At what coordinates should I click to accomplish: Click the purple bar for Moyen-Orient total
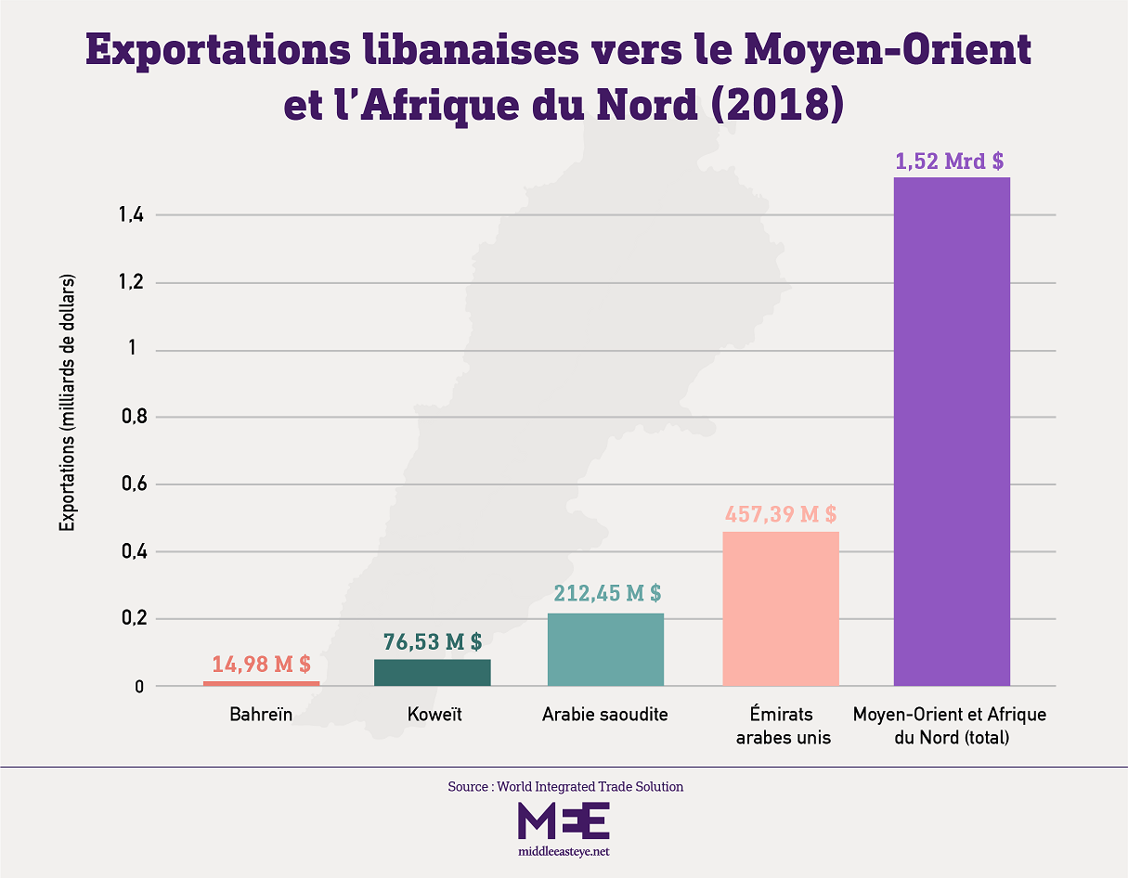pos(952,432)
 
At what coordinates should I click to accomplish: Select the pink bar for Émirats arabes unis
pos(780,609)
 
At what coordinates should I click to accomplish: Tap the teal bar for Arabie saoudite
pos(605,650)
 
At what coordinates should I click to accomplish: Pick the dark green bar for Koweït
pos(432,673)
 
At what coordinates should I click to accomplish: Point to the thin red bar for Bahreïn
pos(261,684)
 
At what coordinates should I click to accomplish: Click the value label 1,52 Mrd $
pos(949,161)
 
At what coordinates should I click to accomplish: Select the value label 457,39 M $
pos(780,513)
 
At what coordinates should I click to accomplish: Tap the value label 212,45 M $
pos(607,592)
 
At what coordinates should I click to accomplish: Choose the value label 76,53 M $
pos(433,640)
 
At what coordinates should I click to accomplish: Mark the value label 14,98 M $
pos(261,664)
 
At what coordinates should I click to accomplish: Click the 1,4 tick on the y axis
pos(130,215)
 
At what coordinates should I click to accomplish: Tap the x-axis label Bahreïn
pos(261,715)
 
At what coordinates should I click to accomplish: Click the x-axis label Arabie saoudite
pos(605,715)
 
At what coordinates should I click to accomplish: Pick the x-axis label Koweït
pos(434,715)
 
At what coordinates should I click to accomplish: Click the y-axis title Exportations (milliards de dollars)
pos(67,402)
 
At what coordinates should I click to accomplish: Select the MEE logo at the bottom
pos(564,821)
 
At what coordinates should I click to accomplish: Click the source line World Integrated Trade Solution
pos(564,786)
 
